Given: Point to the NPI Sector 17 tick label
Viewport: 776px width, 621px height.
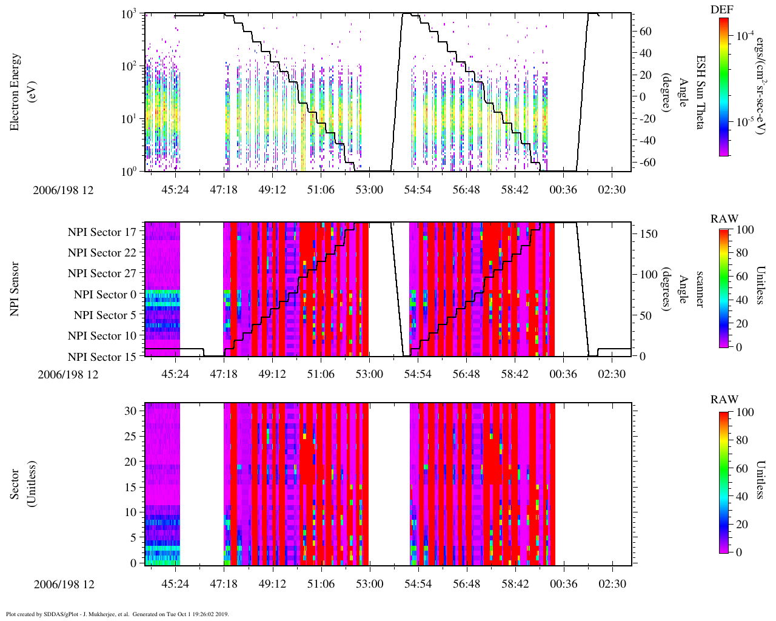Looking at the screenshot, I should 102,232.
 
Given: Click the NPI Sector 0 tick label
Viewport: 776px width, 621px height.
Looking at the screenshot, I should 105,295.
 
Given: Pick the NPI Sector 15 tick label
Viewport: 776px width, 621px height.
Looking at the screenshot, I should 102,357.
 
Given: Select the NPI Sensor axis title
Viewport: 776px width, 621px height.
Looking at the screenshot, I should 16,289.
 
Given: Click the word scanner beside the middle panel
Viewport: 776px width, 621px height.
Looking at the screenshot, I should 699,289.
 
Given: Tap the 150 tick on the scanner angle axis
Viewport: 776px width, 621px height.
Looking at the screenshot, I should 649,233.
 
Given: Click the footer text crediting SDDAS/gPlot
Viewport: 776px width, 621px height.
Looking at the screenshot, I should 117,614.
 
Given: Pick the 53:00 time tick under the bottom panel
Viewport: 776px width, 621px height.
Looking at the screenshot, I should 369,584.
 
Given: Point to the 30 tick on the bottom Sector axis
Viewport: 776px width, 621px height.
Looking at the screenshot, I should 131,411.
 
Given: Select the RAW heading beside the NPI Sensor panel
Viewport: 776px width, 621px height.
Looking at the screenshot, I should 724,219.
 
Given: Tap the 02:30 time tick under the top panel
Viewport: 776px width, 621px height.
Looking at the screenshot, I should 612,190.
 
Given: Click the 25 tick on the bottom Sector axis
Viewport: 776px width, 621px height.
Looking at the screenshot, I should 131,436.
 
